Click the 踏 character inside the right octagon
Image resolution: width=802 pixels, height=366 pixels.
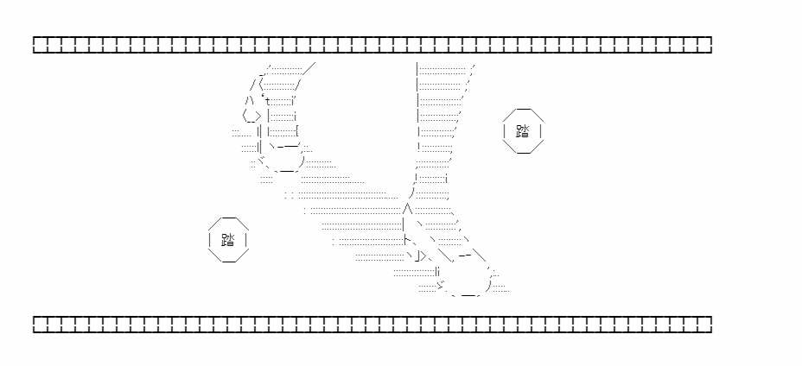pyautogui.click(x=523, y=131)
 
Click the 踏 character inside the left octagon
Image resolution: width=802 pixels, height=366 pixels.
pyautogui.click(x=228, y=240)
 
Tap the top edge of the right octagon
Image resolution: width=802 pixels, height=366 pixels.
pyautogui.click(x=523, y=110)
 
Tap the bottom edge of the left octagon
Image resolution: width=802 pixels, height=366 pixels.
pyautogui.click(x=229, y=262)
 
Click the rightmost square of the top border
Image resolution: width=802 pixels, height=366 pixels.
pyautogui.click(x=705, y=45)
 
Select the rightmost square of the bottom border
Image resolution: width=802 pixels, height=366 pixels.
pyautogui.click(x=705, y=325)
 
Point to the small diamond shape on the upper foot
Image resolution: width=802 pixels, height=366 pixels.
pyautogui.click(x=252, y=117)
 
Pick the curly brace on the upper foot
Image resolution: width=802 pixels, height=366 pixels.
pyautogui.click(x=297, y=131)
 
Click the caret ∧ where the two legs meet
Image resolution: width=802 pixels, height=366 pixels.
pyautogui.click(x=407, y=209)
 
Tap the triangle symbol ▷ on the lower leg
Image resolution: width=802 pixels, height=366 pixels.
pyautogui.click(x=423, y=256)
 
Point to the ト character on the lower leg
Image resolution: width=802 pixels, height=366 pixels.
pyautogui.click(x=407, y=239)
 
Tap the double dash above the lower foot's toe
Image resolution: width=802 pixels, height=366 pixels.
pyautogui.click(x=466, y=256)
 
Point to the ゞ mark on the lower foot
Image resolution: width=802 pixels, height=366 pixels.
pyautogui.click(x=441, y=284)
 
